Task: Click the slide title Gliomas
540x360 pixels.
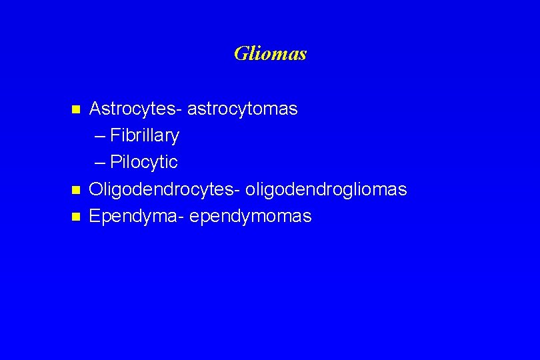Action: click(x=270, y=53)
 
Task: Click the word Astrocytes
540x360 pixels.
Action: click(x=136, y=109)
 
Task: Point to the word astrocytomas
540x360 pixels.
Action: click(x=243, y=109)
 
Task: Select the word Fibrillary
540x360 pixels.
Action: click(x=145, y=136)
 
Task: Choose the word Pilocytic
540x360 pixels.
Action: click(x=144, y=163)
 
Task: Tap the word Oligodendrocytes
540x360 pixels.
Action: click(x=165, y=190)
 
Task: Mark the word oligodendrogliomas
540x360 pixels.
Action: click(x=326, y=190)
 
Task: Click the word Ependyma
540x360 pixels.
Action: click(x=137, y=217)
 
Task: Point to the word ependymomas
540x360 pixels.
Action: click(x=251, y=217)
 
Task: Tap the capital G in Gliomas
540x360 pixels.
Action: click(x=241, y=53)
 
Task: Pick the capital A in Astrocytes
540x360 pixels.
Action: click(x=95, y=109)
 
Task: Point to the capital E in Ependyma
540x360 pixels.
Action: click(x=95, y=217)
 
